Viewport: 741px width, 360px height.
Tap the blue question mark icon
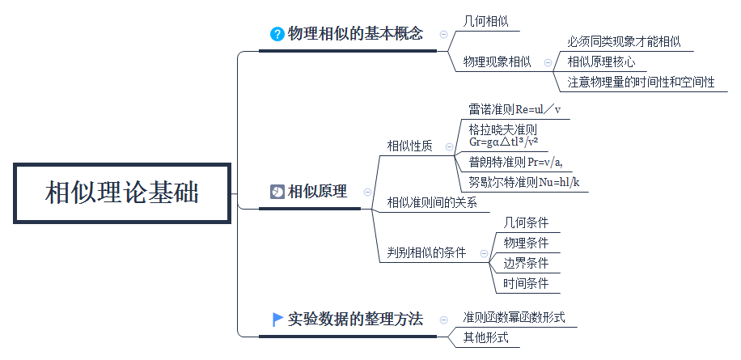pos(277,34)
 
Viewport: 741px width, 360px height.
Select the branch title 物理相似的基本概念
pos(355,34)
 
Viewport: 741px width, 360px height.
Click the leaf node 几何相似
pos(485,21)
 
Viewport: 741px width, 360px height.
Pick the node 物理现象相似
pos(497,61)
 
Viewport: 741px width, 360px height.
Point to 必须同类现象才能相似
pos(624,41)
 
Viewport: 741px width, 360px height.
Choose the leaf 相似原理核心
pos(601,61)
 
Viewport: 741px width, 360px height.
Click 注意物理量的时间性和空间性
pos(641,82)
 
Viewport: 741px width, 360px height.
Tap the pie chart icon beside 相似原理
pos(277,192)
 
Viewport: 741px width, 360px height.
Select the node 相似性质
pos(409,146)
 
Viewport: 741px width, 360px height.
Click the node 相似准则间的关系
pos(432,202)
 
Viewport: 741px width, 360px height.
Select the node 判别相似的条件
pos(426,252)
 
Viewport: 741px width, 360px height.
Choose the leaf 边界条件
pos(526,263)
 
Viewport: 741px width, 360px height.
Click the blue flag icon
pos(277,319)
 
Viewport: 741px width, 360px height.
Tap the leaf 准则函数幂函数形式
pos(514,316)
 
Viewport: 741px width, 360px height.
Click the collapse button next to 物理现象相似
pos(548,61)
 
